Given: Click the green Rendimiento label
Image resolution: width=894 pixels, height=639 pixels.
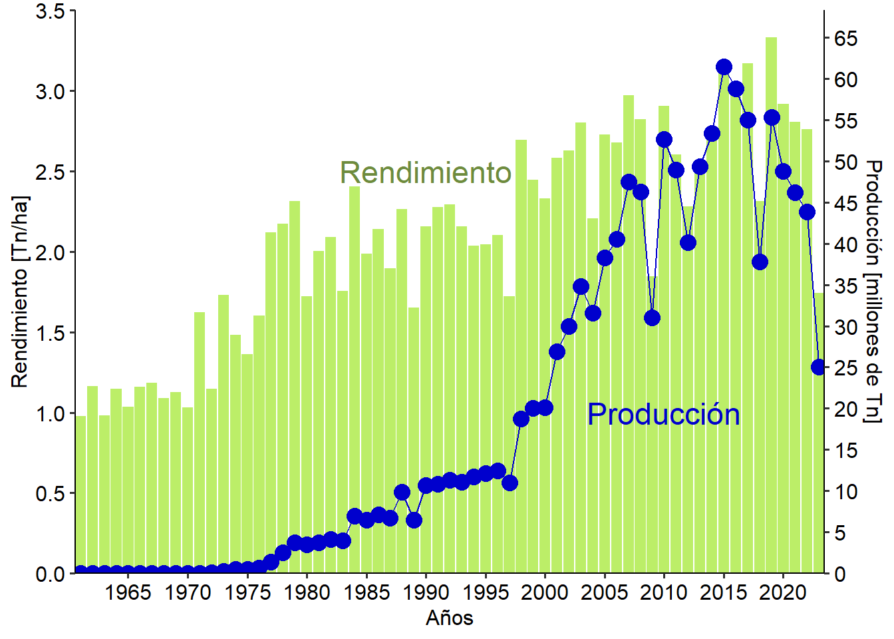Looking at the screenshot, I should click(426, 173).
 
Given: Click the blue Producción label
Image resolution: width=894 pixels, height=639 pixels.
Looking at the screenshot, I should click(663, 415).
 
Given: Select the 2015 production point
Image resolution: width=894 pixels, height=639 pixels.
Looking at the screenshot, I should click(724, 67).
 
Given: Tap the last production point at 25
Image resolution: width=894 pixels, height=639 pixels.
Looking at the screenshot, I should click(819, 367).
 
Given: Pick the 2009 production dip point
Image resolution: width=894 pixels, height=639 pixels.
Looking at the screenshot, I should click(653, 318).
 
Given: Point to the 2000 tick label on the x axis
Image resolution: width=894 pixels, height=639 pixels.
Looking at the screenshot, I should click(545, 592).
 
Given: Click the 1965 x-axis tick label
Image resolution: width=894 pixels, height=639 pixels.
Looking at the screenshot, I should click(128, 592).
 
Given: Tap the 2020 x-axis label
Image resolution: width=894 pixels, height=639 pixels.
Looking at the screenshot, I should click(783, 592).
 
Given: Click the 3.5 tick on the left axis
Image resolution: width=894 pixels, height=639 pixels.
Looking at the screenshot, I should click(51, 12).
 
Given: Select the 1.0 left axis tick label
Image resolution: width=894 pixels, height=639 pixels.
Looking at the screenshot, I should click(51, 413).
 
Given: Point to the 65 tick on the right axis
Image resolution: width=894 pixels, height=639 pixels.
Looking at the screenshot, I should click(846, 39).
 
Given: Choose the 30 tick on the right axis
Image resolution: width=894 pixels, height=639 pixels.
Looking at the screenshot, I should click(846, 327).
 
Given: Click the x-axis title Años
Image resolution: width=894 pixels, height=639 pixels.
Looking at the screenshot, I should click(450, 618).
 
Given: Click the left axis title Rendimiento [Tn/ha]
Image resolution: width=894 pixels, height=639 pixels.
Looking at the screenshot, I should click(20, 292).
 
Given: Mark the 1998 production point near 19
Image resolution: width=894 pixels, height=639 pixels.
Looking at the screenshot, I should click(521, 419).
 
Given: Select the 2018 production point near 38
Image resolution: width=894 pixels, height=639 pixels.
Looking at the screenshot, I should click(760, 262).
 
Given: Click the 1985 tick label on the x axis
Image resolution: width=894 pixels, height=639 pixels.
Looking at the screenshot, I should click(367, 592).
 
